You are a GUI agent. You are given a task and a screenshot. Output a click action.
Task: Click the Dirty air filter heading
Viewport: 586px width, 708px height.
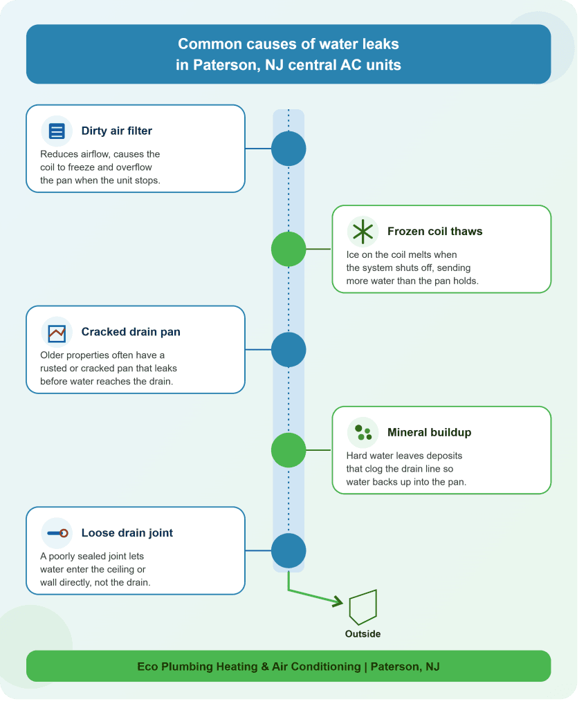point(116,131)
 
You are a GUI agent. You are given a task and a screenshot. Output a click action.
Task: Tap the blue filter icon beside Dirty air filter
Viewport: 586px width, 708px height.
point(57,131)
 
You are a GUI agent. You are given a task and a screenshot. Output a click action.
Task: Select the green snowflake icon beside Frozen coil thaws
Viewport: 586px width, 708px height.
point(363,232)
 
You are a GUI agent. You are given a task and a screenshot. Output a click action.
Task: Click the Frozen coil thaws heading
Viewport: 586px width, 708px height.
point(434,231)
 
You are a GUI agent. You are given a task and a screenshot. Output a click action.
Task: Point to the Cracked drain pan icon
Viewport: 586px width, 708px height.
point(57,334)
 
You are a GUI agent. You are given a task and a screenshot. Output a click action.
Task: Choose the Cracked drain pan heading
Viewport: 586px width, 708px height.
point(131,332)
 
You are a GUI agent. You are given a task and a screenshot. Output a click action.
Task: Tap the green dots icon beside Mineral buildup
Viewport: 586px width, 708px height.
point(363,433)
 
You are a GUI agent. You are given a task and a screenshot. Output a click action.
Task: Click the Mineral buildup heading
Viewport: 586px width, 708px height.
point(429,433)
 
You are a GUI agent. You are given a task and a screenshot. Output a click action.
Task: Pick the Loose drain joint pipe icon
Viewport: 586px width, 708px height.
point(58,533)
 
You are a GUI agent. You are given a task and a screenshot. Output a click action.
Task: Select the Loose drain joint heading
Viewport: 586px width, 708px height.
point(127,533)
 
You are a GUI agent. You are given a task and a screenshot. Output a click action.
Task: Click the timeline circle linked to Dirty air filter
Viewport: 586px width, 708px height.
point(289,149)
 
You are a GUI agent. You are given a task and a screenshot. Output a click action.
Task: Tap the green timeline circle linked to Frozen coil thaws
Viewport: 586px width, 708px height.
point(289,249)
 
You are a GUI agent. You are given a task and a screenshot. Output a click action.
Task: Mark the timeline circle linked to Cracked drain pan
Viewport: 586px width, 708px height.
point(289,350)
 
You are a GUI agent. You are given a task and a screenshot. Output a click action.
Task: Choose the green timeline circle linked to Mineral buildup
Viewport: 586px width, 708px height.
point(289,450)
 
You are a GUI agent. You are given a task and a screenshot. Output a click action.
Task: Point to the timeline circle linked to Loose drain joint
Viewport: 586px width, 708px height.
point(289,551)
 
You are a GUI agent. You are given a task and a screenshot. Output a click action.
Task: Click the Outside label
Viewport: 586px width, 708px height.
point(363,634)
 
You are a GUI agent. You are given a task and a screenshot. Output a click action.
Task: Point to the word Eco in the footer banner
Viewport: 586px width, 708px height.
point(147,667)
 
